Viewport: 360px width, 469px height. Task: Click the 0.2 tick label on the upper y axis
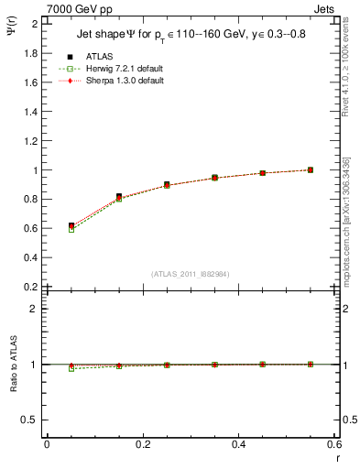[x=32, y=287]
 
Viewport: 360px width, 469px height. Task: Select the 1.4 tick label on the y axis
[x=32, y=112]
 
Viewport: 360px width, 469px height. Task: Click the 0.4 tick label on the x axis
[x=238, y=444]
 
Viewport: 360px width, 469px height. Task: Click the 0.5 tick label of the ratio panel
[x=32, y=420]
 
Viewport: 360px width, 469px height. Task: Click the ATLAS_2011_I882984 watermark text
[x=191, y=274]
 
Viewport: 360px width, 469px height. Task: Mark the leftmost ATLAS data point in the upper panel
[x=71, y=225]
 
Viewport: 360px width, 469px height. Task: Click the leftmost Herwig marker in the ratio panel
[x=71, y=368]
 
